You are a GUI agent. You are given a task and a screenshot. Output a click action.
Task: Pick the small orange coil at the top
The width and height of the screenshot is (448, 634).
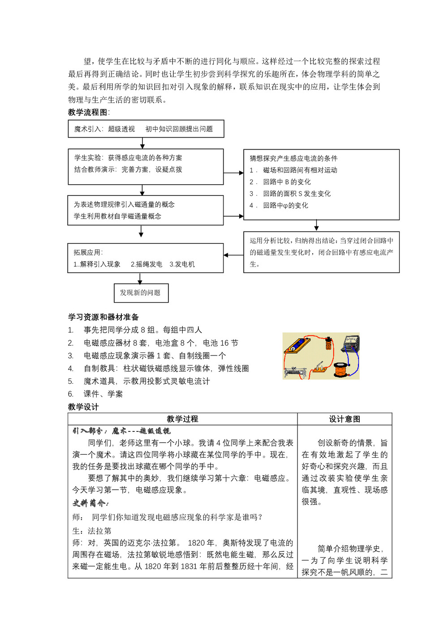(329, 344)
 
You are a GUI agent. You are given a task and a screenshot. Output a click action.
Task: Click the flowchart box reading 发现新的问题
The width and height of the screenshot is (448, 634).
(141, 293)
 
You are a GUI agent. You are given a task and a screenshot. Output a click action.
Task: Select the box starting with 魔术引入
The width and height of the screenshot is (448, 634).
(146, 129)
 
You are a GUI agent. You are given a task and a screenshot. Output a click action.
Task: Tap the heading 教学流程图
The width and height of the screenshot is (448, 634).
(88, 112)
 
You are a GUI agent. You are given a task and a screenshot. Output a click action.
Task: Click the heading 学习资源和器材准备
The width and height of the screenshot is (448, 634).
(103, 317)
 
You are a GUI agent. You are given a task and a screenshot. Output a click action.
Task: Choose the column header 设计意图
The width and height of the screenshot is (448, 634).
(344, 419)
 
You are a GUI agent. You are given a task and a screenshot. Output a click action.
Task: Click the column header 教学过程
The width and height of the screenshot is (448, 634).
(182, 419)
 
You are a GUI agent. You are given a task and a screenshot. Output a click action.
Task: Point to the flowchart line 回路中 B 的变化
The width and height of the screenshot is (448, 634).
(287, 182)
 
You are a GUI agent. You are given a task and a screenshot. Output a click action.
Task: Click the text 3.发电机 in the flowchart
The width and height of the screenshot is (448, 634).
(182, 264)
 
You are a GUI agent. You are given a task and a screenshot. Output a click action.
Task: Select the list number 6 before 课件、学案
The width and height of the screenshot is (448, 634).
(71, 394)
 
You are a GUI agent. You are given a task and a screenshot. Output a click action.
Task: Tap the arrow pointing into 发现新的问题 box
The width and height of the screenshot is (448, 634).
(141, 280)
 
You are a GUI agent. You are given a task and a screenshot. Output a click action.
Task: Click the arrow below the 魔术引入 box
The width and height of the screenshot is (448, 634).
(142, 143)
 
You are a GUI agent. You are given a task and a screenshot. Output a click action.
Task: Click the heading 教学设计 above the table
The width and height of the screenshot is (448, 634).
(83, 407)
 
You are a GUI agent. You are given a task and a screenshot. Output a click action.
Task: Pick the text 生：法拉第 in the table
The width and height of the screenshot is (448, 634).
(92, 531)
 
